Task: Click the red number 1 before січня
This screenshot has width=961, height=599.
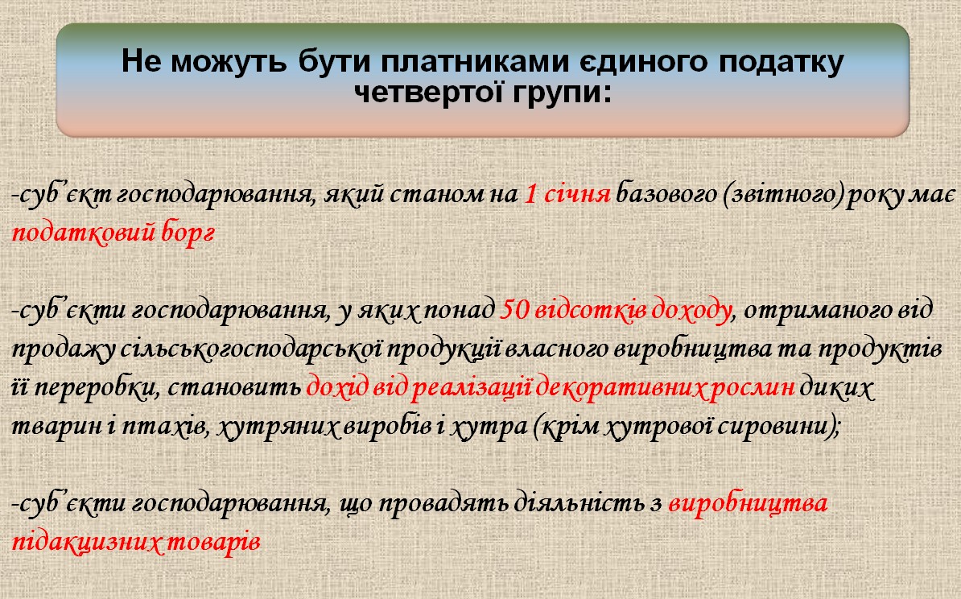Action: click(530, 194)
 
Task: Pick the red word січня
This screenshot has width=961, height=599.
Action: click(577, 194)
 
